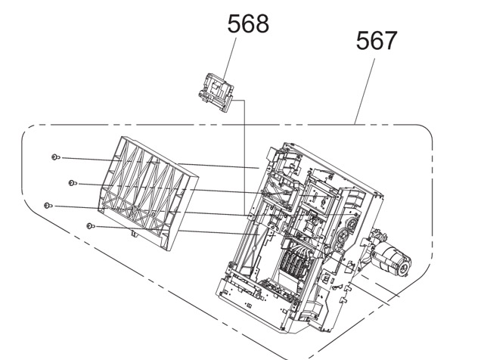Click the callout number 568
(248, 23)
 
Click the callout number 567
(377, 40)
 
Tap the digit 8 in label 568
(262, 23)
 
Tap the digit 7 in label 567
(390, 40)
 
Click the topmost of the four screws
(55, 157)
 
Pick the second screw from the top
(73, 183)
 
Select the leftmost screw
(48, 205)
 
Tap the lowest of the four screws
(91, 226)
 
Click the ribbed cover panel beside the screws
(148, 193)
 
